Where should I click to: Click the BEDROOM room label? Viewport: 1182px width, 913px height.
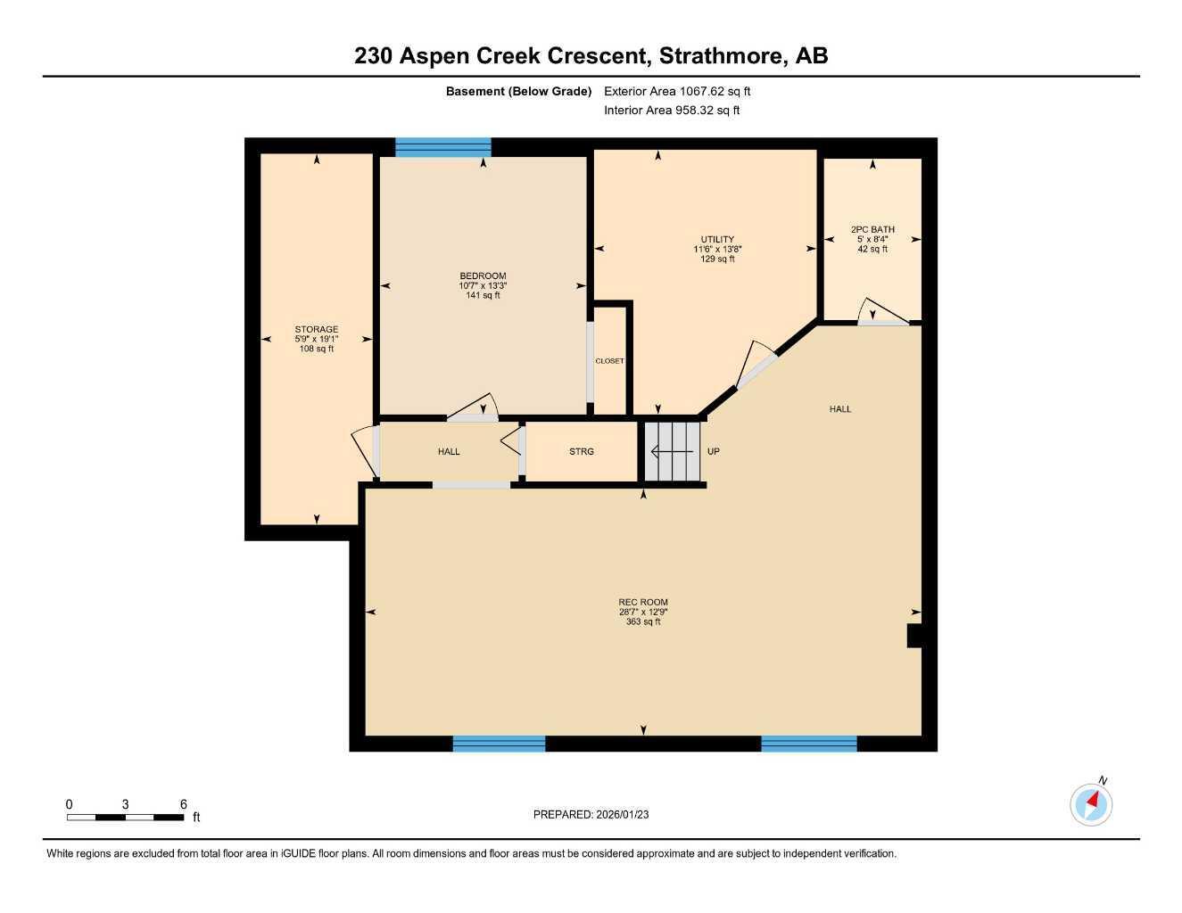[483, 276]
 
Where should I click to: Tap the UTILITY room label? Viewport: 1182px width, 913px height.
[717, 240]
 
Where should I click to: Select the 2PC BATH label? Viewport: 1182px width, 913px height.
[872, 230]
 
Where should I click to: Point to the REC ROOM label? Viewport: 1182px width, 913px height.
[643, 603]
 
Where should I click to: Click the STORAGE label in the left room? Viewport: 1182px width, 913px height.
[317, 330]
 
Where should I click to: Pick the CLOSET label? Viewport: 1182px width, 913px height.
[609, 361]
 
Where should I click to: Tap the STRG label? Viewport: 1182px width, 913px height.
[582, 452]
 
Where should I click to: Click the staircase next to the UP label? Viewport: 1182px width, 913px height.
[672, 452]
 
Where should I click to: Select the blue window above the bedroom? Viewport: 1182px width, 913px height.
[443, 148]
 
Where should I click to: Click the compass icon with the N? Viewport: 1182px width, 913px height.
[1091, 804]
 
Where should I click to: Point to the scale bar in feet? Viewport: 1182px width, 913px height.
[126, 817]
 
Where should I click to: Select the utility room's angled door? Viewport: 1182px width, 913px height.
[756, 364]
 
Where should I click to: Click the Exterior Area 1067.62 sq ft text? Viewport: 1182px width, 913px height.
[677, 91]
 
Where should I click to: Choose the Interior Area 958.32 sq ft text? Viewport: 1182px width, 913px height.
[672, 111]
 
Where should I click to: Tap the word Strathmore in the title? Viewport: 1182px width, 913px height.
[723, 56]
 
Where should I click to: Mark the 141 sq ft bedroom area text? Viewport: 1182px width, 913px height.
[483, 295]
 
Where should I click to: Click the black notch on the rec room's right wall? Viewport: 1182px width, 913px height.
[913, 636]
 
